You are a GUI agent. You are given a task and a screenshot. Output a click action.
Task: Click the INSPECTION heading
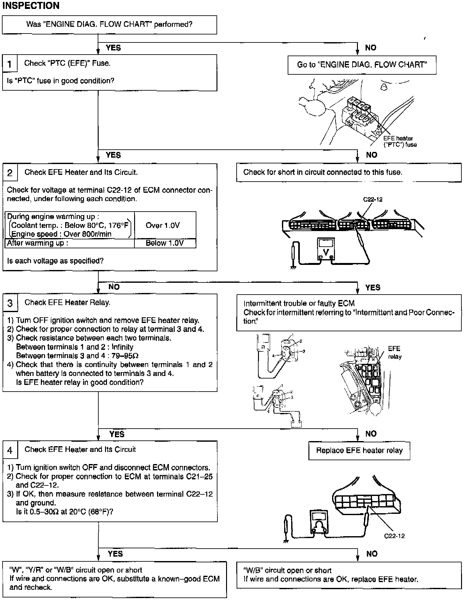[31, 6]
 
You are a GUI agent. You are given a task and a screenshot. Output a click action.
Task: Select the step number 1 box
[10, 64]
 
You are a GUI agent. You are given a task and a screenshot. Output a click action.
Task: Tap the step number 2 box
[10, 173]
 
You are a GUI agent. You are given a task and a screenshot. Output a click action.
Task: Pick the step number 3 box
[10, 303]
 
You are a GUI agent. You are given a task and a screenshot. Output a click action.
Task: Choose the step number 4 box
[10, 450]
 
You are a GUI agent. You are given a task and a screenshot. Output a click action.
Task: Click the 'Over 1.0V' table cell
[163, 225]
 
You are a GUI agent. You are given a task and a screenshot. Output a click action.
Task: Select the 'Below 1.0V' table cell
[165, 243]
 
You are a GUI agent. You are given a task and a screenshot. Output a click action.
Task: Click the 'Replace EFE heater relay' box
[359, 451]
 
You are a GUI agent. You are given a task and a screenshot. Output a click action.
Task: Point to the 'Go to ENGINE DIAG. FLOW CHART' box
[362, 65]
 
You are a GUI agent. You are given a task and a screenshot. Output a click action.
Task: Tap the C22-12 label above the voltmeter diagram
[373, 199]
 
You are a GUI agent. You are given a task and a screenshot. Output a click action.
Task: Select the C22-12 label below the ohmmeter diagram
[394, 536]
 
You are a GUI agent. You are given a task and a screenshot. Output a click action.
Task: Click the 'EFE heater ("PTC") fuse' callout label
[400, 141]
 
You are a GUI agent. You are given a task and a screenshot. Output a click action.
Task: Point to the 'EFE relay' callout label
[395, 352]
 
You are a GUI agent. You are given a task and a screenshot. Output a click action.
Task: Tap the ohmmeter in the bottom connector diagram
[319, 521]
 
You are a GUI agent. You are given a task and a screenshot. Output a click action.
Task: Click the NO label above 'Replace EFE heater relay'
[371, 434]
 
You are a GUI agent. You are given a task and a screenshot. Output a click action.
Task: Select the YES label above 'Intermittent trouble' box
[373, 288]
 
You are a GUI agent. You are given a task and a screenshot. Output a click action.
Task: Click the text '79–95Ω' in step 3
[125, 356]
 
